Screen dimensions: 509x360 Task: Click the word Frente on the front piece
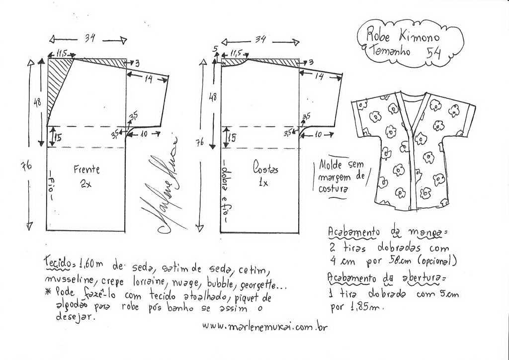pyautogui.click(x=86, y=169)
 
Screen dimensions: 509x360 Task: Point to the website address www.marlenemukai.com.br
pyautogui.click(x=265, y=326)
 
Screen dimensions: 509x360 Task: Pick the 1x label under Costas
pyautogui.click(x=263, y=182)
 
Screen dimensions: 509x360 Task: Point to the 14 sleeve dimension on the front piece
pyautogui.click(x=148, y=79)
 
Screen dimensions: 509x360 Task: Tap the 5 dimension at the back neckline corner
pyautogui.click(x=216, y=49)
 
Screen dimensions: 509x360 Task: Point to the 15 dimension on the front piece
pyautogui.click(x=58, y=138)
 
